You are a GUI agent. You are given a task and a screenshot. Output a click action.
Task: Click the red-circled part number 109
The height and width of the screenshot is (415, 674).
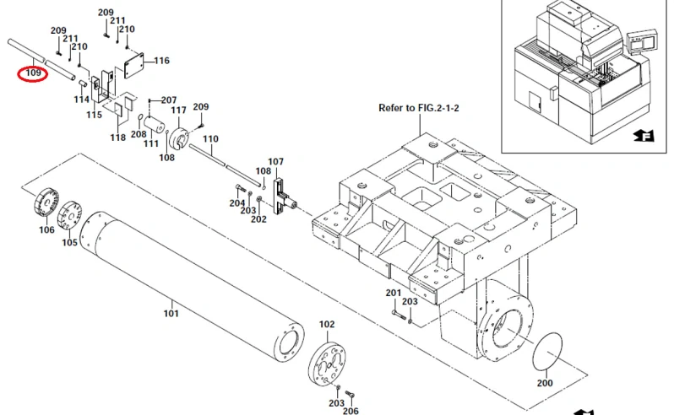coord(33,73)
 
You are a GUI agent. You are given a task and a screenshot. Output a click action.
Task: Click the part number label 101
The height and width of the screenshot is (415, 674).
coord(171,314)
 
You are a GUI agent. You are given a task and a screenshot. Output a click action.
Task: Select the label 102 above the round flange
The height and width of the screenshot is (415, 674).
coord(326,324)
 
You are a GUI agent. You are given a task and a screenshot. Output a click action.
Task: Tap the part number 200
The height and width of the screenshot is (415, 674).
coord(544,383)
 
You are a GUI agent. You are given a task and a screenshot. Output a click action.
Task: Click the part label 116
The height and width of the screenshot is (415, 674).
coord(161,61)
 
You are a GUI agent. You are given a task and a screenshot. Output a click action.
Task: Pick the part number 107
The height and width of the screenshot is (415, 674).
coord(276,161)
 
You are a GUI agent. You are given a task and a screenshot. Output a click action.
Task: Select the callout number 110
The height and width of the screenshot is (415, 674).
coord(210,138)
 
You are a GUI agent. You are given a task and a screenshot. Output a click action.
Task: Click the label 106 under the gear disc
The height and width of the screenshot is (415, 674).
coord(46,229)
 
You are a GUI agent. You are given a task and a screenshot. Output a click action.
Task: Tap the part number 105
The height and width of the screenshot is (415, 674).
coord(69,243)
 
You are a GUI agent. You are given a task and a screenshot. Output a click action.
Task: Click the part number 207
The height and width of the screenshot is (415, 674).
coord(169,100)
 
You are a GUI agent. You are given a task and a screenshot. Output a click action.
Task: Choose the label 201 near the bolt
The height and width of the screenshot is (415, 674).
coord(393,293)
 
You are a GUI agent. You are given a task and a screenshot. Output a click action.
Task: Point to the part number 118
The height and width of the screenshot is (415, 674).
coord(117,137)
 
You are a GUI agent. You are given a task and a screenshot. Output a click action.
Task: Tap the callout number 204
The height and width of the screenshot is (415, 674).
coord(236,203)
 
